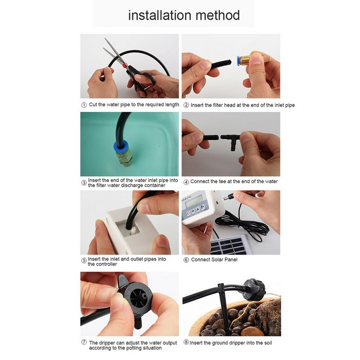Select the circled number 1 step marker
(x=84, y=104)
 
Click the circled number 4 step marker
(x=185, y=181)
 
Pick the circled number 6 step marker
(x=185, y=260)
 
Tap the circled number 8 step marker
(x=185, y=343)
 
